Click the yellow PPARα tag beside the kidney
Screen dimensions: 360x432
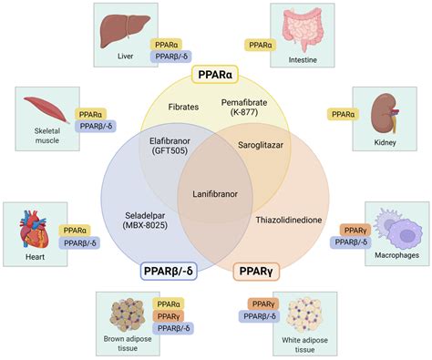click(x=342, y=114)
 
